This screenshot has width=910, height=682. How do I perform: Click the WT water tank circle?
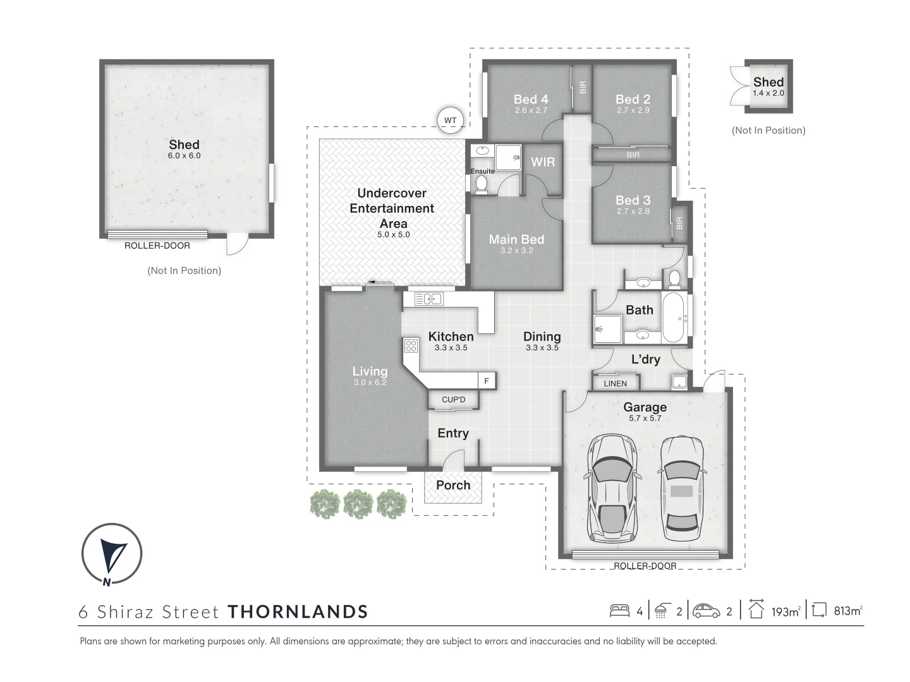tap(450, 120)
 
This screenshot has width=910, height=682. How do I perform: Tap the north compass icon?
tap(112, 554)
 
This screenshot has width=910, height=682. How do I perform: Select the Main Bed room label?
tap(516, 239)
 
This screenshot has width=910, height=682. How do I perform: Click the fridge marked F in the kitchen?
tap(487, 381)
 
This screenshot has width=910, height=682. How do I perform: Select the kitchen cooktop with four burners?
tap(411, 345)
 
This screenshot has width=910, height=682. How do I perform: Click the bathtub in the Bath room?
tap(674, 317)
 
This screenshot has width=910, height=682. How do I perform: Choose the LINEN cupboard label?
tap(615, 383)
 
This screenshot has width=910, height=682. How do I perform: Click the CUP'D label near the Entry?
tap(453, 400)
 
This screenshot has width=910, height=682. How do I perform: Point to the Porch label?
tap(453, 485)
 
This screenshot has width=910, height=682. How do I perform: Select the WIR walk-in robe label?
tap(543, 162)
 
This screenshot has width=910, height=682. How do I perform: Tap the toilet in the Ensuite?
tap(481, 184)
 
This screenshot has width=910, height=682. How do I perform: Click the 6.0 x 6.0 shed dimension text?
tap(184, 155)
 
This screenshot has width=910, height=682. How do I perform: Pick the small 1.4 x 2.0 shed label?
tap(768, 93)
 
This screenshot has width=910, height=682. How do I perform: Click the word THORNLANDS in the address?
tap(298, 611)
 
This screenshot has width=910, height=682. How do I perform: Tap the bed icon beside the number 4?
tap(619, 611)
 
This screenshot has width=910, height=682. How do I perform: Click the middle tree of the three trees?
tap(358, 505)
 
